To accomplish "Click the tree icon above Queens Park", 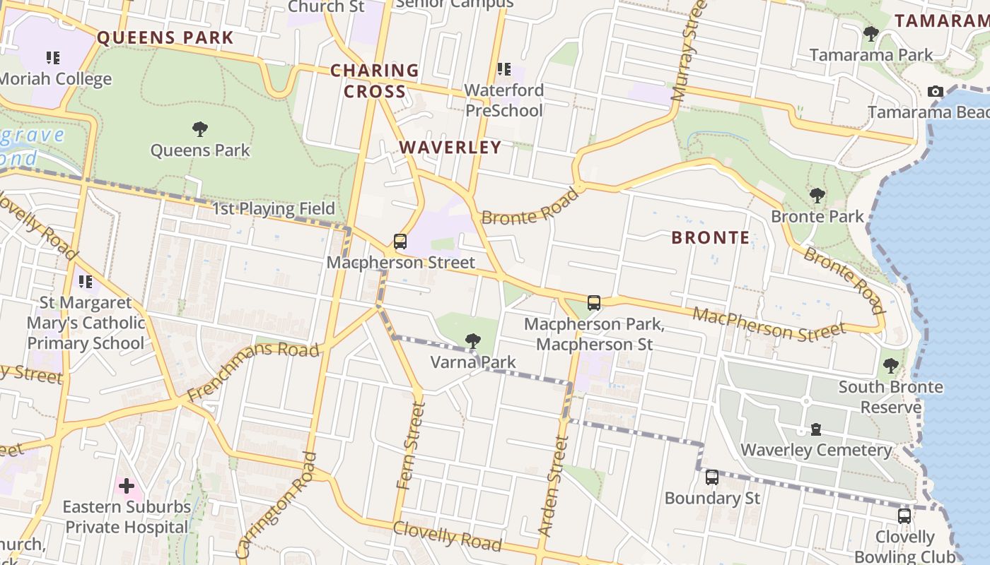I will point(200,129).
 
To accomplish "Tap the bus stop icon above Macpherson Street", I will point(400,242).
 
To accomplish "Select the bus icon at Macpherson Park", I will point(594,303).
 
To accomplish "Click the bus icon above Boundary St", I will point(712,477).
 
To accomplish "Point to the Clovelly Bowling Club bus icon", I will point(904,516).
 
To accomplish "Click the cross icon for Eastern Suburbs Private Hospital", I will point(127,486).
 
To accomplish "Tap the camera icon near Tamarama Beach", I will point(936,91).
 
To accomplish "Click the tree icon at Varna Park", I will point(473,342).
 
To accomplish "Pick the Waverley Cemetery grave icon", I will point(816,429).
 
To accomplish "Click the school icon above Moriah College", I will point(53,57).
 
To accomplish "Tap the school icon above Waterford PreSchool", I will point(504,69).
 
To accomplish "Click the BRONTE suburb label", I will point(710,238).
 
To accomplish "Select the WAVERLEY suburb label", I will point(450,148).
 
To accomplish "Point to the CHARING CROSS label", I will point(375,81).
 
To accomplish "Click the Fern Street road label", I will point(411,446).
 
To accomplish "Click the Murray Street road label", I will point(689,49).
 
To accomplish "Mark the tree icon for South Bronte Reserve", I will point(890,366).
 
